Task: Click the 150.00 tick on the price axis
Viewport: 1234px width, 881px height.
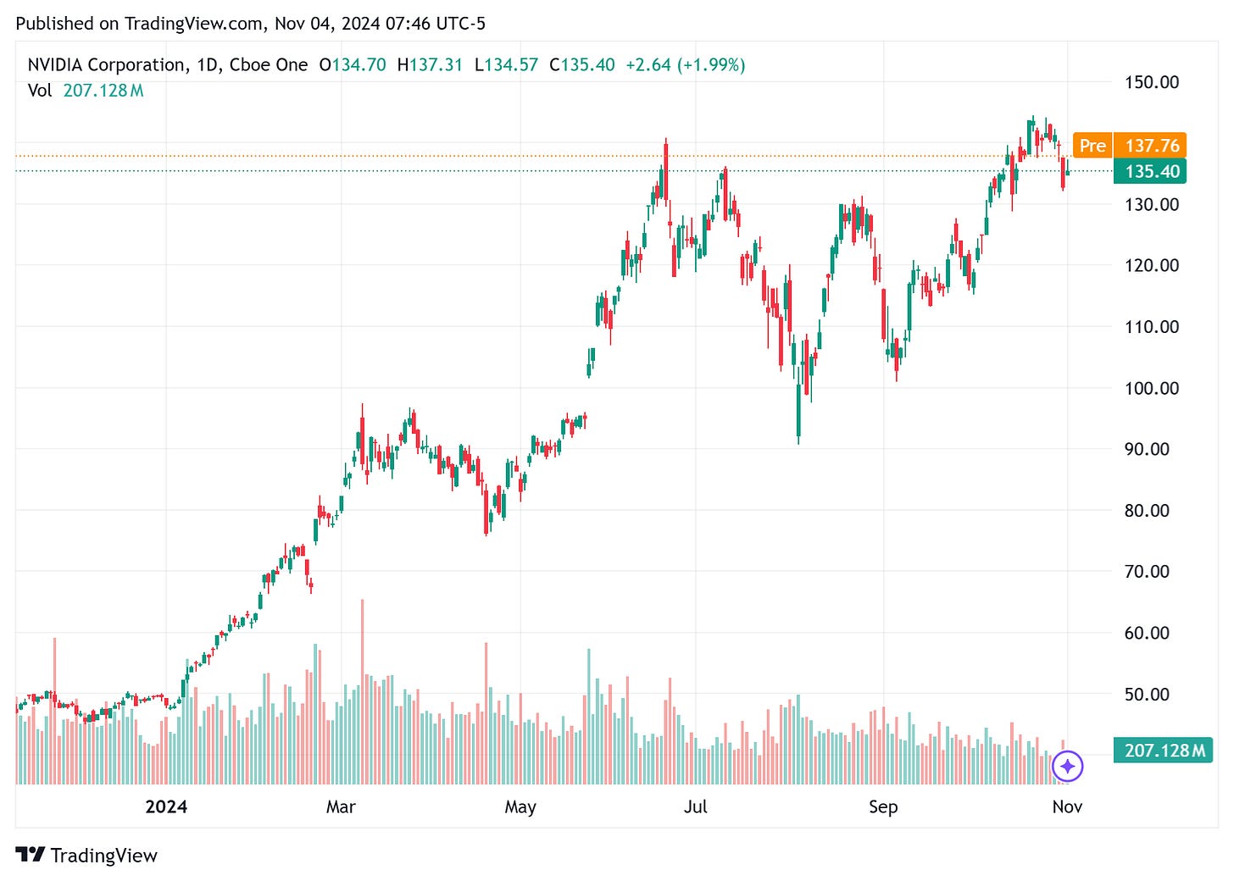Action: pos(1151,82)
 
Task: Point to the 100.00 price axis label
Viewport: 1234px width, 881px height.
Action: pos(1151,388)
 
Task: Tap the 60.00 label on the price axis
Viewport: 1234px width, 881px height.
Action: pos(1146,633)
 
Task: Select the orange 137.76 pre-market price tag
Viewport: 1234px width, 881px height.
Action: pos(1151,146)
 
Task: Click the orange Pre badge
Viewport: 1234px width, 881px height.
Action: pos(1092,146)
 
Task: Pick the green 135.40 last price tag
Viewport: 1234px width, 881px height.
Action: pos(1151,171)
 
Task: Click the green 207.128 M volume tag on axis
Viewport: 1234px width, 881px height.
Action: pos(1164,751)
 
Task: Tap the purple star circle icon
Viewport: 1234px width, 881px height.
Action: pos(1067,766)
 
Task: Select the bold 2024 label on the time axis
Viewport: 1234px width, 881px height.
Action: pos(166,806)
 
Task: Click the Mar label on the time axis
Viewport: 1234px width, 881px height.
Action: pos(341,806)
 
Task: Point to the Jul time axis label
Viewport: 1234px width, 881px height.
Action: pos(695,806)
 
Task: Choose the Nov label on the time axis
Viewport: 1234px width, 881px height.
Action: pos(1067,806)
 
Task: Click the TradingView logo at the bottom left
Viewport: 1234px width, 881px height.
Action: pos(86,856)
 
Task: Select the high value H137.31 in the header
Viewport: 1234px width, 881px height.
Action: pos(430,65)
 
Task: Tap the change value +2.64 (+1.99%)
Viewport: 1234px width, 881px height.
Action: pos(685,65)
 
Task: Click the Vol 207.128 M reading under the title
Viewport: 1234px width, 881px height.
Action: pos(86,91)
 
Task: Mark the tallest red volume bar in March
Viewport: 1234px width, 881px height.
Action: pos(363,690)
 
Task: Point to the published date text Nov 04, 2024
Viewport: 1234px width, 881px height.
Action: pos(326,24)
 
